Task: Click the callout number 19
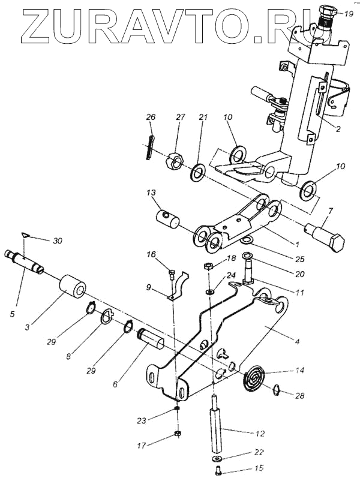point(349,13)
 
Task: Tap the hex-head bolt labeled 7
point(325,234)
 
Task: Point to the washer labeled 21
point(198,172)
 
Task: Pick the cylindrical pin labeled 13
point(169,218)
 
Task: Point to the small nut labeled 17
point(178,434)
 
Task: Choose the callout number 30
point(57,241)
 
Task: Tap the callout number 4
point(298,341)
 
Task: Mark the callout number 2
point(337,129)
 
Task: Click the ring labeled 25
point(248,240)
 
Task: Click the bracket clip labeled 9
point(178,284)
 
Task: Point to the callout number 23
point(142,421)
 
